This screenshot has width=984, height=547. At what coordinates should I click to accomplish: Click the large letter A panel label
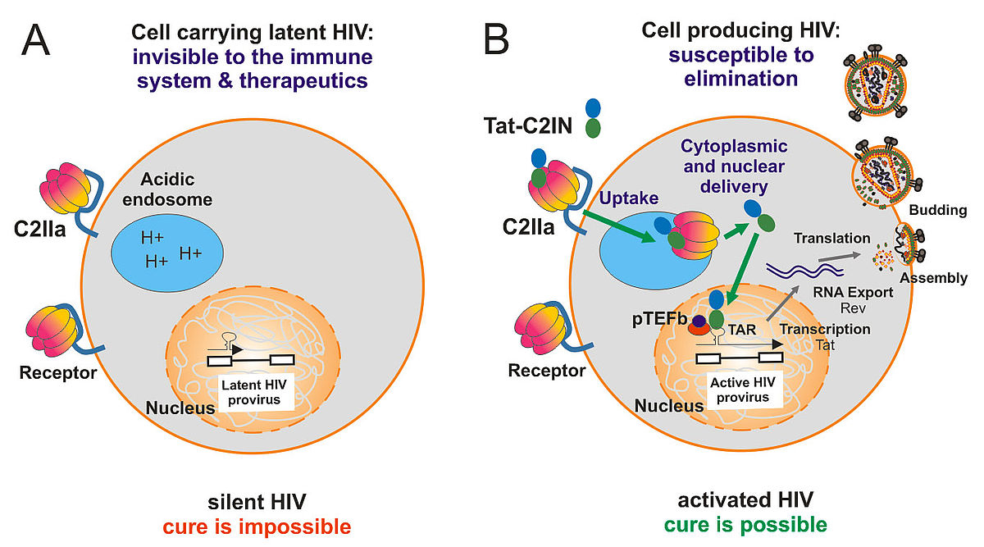pos(35,40)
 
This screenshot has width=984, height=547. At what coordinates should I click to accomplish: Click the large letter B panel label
pos(496,39)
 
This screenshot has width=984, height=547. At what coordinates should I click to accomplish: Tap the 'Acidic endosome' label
pos(167,189)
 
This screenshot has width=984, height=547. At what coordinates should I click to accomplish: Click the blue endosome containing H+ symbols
pos(167,253)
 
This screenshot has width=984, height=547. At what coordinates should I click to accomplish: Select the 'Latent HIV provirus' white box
pos(254,392)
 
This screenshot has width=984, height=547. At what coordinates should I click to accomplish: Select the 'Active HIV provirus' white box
pos(743,390)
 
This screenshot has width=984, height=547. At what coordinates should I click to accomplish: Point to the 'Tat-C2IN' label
pos(527,125)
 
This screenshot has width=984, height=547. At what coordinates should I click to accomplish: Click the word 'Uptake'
pos(629,198)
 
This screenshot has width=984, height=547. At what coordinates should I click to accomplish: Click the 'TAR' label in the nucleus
pos(741,330)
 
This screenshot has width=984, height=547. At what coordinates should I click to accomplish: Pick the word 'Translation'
pos(831,238)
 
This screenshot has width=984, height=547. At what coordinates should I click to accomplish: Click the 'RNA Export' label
pos(853,292)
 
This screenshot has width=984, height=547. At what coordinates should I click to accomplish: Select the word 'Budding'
pos(937,210)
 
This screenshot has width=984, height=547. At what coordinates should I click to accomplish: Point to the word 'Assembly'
pos(933,278)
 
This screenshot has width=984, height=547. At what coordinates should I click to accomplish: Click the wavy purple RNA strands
pos(804,269)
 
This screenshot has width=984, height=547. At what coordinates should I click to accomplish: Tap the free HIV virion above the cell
pos(876,83)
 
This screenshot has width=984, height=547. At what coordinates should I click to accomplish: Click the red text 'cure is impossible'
pos(257,526)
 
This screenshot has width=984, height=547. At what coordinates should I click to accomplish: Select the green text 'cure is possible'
pos(745,525)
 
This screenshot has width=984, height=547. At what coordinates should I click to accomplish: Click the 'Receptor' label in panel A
pos(58,373)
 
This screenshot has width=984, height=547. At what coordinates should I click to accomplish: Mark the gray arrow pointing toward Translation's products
pos(839,257)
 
